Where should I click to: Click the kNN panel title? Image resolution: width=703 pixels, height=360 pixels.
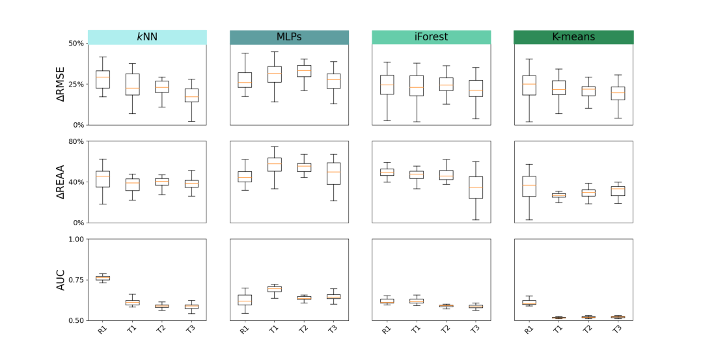(x=147, y=37)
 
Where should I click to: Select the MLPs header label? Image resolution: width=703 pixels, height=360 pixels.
(x=289, y=37)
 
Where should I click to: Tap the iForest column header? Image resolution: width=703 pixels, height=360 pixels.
(x=431, y=37)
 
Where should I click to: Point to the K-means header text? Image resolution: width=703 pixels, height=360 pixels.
(x=573, y=37)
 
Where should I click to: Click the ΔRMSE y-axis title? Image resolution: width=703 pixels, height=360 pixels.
(x=61, y=84)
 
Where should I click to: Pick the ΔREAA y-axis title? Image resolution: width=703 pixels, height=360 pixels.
(x=61, y=182)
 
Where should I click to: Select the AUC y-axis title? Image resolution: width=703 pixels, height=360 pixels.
(x=61, y=280)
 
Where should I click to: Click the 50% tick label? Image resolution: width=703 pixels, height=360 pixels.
(x=76, y=44)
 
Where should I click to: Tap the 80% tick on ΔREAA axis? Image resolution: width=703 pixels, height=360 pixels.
(x=76, y=141)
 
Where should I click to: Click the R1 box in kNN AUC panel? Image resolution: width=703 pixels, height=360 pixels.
(x=103, y=278)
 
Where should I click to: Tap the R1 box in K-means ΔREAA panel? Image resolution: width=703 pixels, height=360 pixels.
(x=529, y=186)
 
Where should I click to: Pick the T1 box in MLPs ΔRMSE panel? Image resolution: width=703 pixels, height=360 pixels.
(x=275, y=74)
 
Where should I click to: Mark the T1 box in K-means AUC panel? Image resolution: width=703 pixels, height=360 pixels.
(x=558, y=318)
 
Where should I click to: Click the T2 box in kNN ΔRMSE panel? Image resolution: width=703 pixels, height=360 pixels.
(x=161, y=87)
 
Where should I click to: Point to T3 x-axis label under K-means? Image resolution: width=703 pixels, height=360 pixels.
(x=617, y=329)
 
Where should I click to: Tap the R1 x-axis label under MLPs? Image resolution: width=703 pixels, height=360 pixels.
(x=244, y=329)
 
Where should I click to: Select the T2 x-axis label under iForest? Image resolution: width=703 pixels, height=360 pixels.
(x=446, y=329)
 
